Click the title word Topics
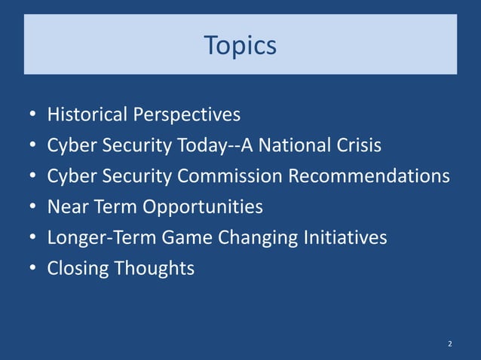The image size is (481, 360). [240, 46]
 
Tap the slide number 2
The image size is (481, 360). [450, 344]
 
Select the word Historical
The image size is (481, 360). [87, 114]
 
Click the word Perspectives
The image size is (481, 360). [187, 115]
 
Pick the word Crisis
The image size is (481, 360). [358, 145]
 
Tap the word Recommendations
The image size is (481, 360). [370, 175]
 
